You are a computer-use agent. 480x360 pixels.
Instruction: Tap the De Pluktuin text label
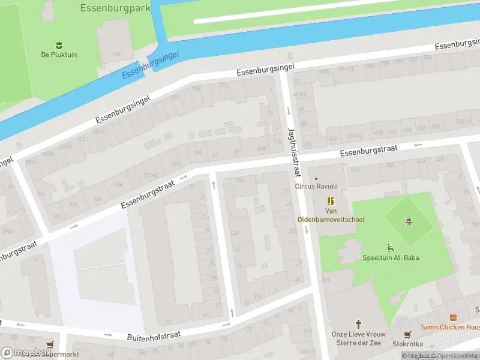[59, 55]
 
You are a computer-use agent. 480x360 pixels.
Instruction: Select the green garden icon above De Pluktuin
[59, 45]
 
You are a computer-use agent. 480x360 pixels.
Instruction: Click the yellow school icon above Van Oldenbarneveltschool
[330, 201]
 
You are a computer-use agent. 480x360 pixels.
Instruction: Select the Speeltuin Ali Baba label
[391, 258]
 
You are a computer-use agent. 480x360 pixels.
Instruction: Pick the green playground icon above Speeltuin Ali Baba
[391, 247]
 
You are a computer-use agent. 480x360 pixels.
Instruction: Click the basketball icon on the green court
[409, 222]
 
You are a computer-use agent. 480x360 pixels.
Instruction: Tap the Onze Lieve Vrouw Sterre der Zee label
[359, 338]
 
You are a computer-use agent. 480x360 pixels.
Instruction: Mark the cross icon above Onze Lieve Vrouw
[359, 323]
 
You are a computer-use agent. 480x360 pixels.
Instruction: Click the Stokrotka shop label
[407, 344]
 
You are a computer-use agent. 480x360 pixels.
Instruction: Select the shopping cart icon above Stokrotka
[407, 334]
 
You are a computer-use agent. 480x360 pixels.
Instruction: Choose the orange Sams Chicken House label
[450, 327]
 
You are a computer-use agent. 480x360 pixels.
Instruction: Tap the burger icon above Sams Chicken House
[454, 317]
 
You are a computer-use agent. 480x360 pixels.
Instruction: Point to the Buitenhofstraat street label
[154, 335]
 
